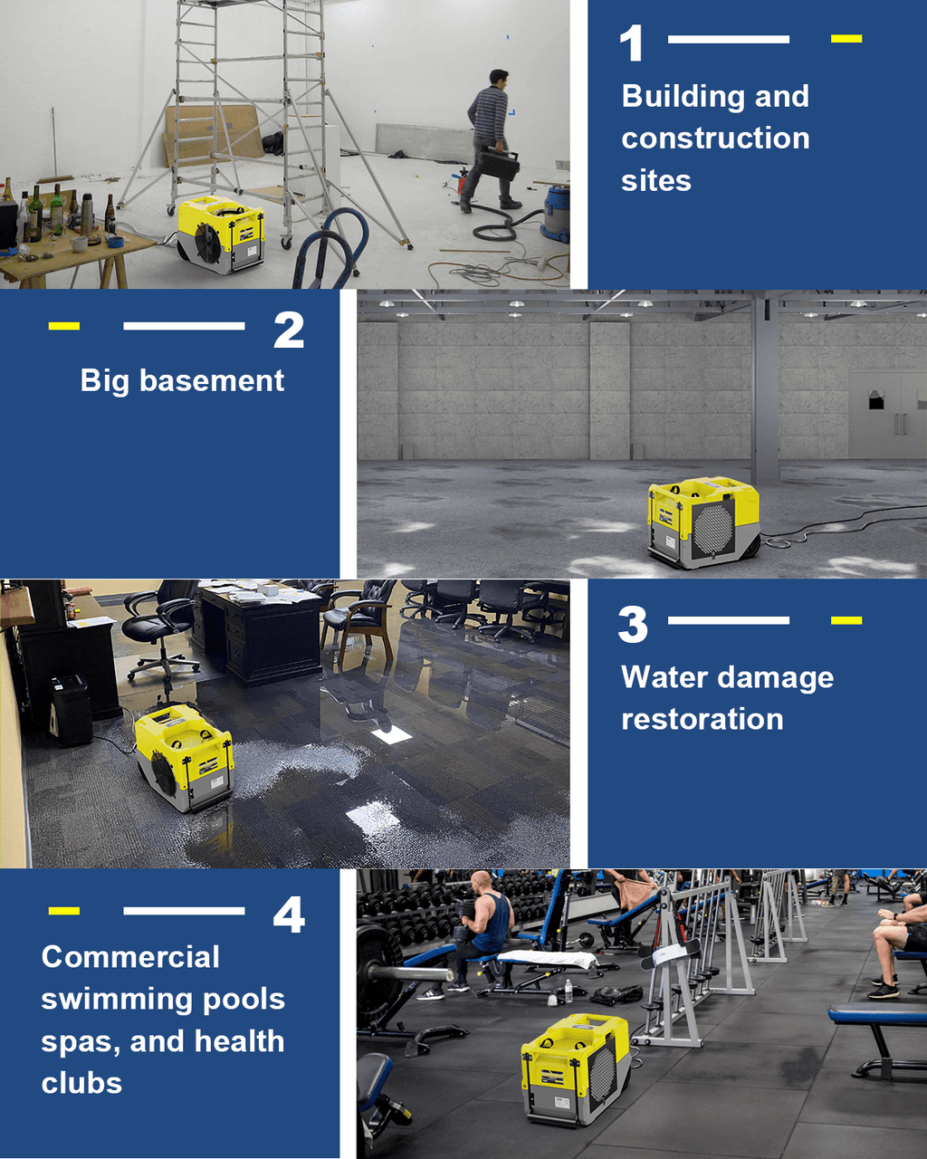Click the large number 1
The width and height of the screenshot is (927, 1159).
pyautogui.click(x=632, y=43)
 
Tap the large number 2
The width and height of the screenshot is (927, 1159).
pyautogui.click(x=289, y=330)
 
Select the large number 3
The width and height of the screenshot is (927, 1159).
pyautogui.click(x=633, y=625)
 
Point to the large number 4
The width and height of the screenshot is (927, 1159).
pyautogui.click(x=289, y=915)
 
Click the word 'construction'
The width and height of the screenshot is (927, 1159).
pyautogui.click(x=715, y=138)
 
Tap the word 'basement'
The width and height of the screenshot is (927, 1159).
pyautogui.click(x=212, y=381)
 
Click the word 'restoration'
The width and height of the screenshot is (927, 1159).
pyautogui.click(x=702, y=719)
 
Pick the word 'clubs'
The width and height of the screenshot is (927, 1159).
pyautogui.click(x=81, y=1083)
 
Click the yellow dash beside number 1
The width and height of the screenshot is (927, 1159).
pyautogui.click(x=846, y=38)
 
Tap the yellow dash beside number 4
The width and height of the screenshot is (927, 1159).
pyautogui.click(x=64, y=911)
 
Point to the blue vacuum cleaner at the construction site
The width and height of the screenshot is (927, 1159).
pyautogui.click(x=555, y=213)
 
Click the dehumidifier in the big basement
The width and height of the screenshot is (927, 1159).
pyautogui.click(x=702, y=522)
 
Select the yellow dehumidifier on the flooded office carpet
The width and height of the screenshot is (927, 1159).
pyautogui.click(x=184, y=757)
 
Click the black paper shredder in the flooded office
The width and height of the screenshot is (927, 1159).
pyautogui.click(x=71, y=710)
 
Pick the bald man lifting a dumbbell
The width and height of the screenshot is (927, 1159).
pyautogui.click(x=485, y=926)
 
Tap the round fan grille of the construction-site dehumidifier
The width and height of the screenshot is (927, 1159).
pyautogui.click(x=207, y=244)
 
